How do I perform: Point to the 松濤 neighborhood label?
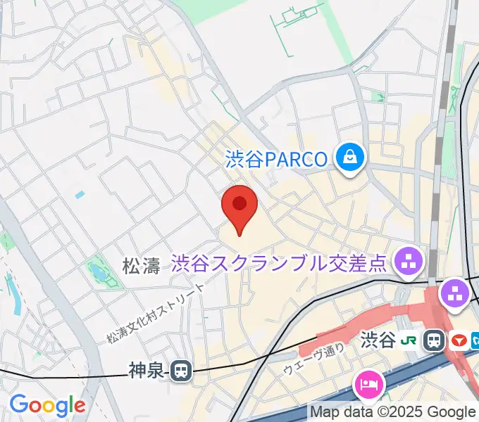(142, 266)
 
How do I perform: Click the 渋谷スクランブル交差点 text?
(279, 263)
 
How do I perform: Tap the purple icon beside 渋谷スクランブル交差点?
(408, 263)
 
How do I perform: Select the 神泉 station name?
(147, 370)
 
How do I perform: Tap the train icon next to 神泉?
(182, 370)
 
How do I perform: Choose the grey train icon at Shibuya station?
(435, 341)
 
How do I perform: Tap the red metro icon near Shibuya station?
(459, 341)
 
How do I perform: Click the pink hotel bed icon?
(369, 384)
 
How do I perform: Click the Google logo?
(46, 405)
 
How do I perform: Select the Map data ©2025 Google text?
(393, 412)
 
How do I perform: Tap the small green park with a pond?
(102, 274)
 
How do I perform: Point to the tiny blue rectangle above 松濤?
(80, 194)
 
